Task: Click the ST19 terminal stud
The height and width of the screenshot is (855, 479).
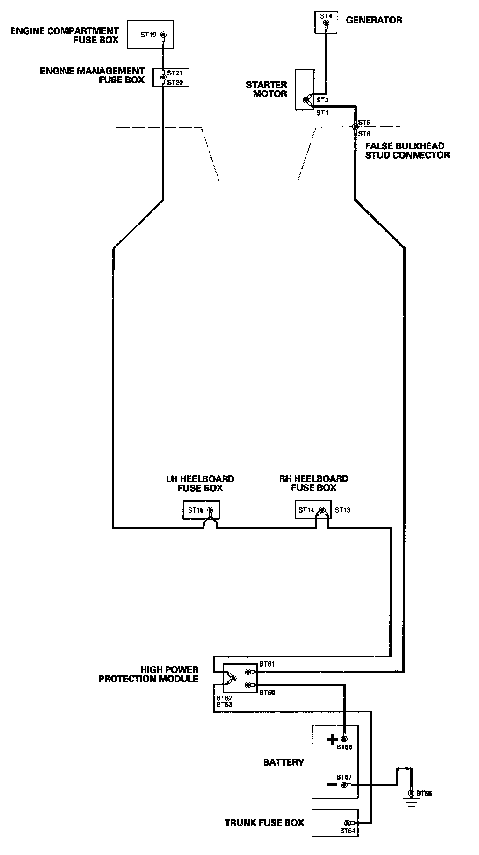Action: pyautogui.click(x=163, y=35)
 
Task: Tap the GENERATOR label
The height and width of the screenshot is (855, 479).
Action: pyautogui.click(x=374, y=20)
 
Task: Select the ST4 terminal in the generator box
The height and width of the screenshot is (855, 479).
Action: pyautogui.click(x=326, y=22)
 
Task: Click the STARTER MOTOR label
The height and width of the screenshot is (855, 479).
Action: pyautogui.click(x=266, y=89)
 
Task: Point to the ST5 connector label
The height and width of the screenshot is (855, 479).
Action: pyautogui.click(x=364, y=123)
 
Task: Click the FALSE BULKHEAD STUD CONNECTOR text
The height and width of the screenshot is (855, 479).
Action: pyautogui.click(x=407, y=151)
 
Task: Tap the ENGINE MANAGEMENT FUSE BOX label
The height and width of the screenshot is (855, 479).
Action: pyautogui.click(x=92, y=75)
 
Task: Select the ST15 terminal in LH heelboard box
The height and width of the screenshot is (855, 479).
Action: pyautogui.click(x=210, y=510)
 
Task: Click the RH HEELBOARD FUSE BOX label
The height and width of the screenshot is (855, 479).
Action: pyautogui.click(x=314, y=483)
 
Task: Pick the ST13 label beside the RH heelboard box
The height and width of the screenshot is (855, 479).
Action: pyautogui.click(x=342, y=510)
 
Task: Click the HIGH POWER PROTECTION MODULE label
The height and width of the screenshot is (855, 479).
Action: pyautogui.click(x=148, y=674)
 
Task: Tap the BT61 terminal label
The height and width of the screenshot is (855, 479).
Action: pyautogui.click(x=267, y=664)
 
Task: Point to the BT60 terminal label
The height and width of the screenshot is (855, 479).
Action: pyautogui.click(x=267, y=692)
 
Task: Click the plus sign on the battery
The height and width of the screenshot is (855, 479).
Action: pyautogui.click(x=332, y=739)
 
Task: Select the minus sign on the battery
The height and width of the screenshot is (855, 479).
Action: pyautogui.click(x=331, y=784)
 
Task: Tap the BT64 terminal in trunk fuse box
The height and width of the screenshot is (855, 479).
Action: pyautogui.click(x=348, y=823)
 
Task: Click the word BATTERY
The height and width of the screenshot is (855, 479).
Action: pyautogui.click(x=283, y=762)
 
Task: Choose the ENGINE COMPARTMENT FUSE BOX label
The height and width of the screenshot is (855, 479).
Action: pyautogui.click(x=65, y=36)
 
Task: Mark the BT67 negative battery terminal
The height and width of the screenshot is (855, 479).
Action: pyautogui.click(x=344, y=784)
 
